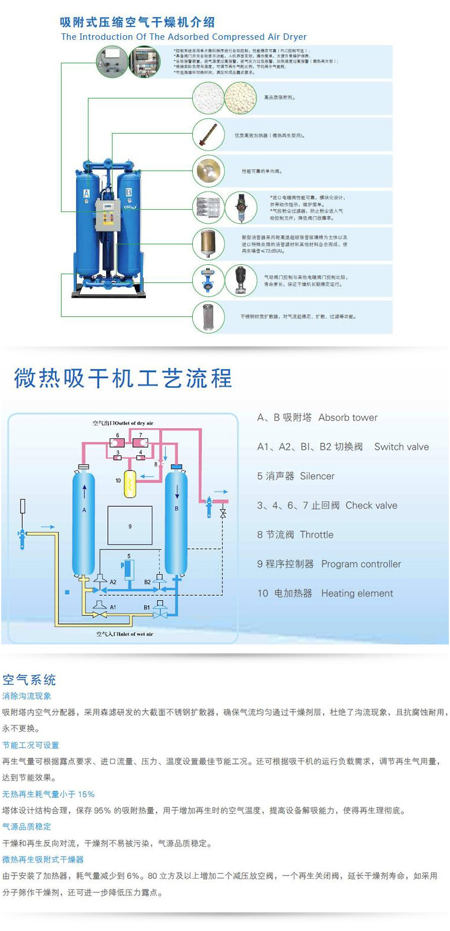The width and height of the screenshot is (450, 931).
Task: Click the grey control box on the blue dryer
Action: point(108,214)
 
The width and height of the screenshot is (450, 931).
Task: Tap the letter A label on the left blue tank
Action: point(87,193)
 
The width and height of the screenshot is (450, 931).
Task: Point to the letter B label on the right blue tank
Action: point(128,192)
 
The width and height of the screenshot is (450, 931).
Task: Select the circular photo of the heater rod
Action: point(208,134)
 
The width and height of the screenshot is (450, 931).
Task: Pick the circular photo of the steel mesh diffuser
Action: point(208,316)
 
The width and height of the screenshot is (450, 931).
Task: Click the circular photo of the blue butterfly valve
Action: point(208,280)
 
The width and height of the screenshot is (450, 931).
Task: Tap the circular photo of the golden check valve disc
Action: point(208,170)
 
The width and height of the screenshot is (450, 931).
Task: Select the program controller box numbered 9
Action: point(130,526)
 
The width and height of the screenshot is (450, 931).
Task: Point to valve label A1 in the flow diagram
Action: point(112,607)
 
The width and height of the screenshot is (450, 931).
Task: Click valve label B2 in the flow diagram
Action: point(148,582)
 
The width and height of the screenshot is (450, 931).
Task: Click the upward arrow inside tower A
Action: point(84,490)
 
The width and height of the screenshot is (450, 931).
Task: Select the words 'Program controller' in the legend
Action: point(361,564)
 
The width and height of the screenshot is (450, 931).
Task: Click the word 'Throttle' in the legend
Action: point(316,535)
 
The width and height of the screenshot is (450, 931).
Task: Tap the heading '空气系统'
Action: point(29,680)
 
